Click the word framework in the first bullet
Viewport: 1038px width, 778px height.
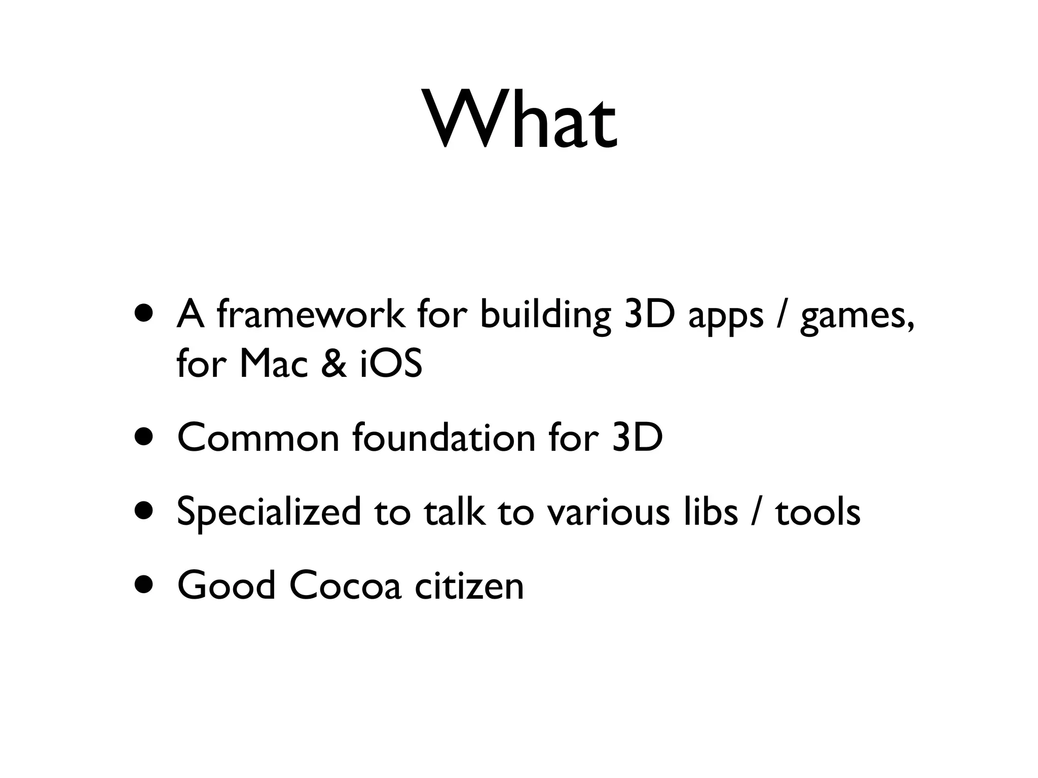310,315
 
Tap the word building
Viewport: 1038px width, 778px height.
544,315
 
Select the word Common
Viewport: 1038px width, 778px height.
258,438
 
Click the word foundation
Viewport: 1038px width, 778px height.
443,438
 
